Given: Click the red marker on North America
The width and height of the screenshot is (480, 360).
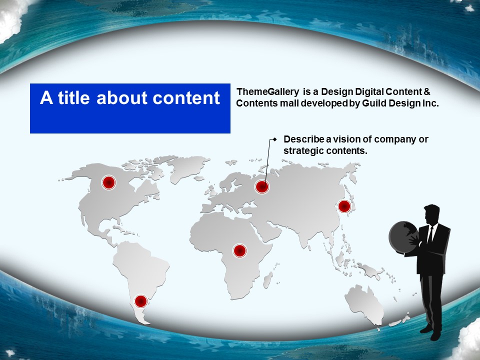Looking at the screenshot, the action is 108,183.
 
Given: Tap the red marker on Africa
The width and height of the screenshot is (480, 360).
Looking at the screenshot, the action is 239,250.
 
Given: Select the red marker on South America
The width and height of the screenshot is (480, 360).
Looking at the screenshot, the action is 141,301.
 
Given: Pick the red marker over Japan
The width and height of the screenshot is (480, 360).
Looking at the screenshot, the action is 344,206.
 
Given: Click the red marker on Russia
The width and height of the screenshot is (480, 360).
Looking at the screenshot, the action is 262,186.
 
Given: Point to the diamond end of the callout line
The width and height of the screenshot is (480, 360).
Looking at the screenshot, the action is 275,139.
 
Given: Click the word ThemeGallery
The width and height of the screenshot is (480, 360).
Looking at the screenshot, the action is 268,92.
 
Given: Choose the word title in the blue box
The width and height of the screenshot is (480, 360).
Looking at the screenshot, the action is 74,97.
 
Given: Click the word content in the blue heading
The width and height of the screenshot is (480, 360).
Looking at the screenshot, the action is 186,98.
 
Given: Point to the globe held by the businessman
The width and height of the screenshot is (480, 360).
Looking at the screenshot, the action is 403,237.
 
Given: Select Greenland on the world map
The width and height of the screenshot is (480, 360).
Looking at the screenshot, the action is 186,167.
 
